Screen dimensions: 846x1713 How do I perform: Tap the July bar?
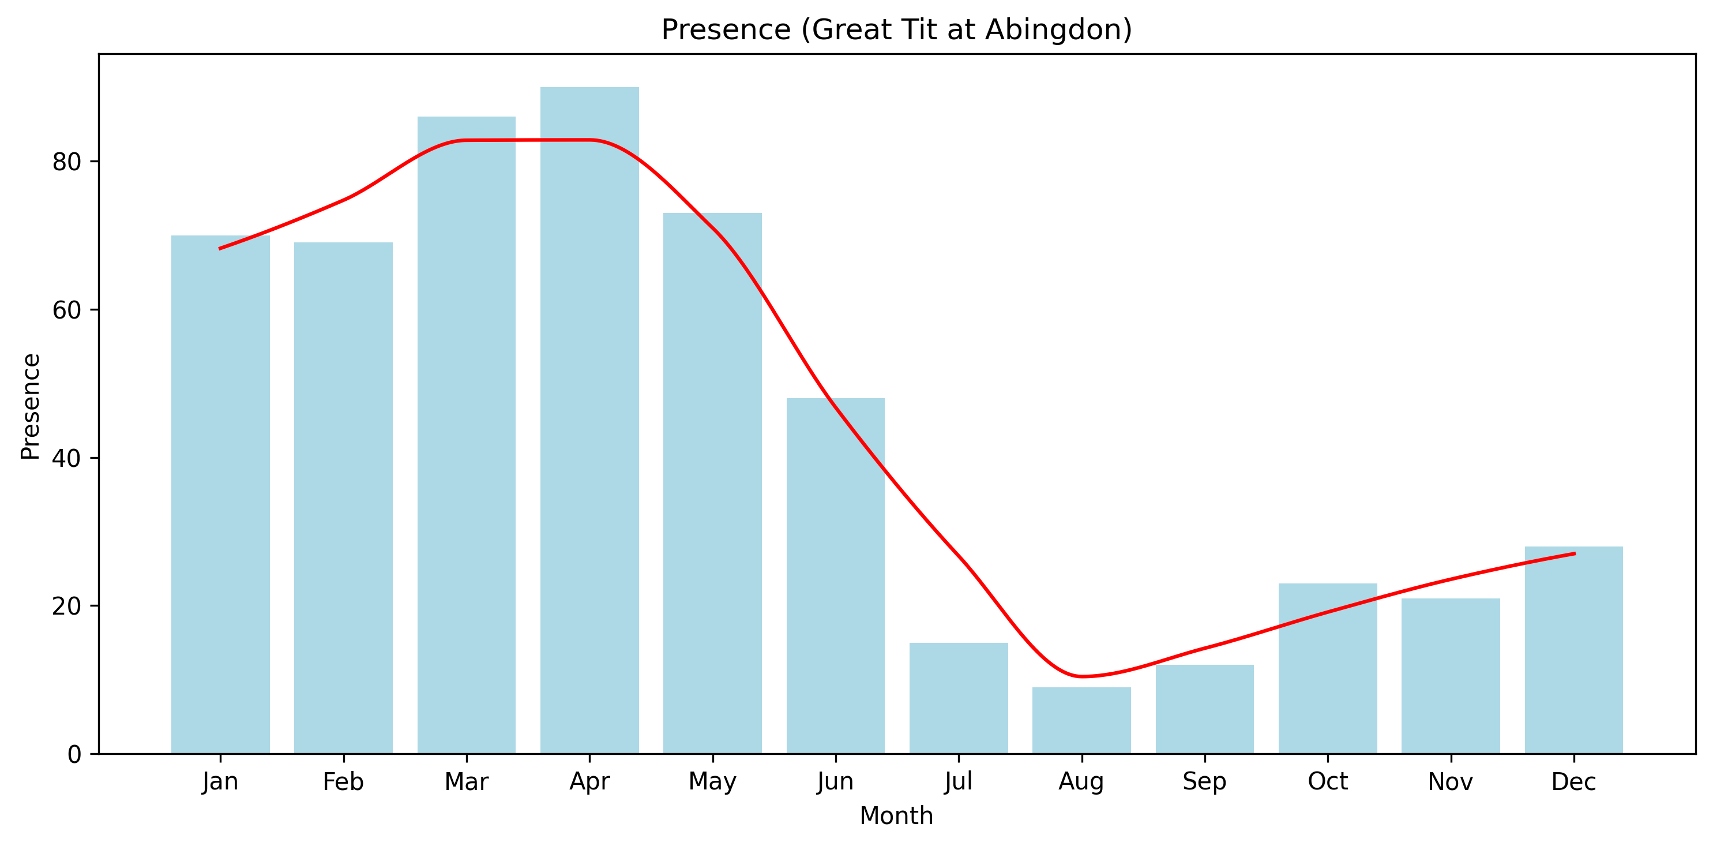(x=958, y=698)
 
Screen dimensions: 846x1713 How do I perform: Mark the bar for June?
(x=835, y=576)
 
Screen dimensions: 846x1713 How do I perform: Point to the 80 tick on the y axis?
(x=66, y=162)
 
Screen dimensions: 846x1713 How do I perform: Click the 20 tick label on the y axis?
(x=66, y=606)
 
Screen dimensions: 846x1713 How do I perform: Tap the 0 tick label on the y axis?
(x=74, y=754)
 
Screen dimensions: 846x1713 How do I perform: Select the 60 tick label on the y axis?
(x=66, y=310)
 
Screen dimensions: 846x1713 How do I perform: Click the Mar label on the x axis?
(x=466, y=782)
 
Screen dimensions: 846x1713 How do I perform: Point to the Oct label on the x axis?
(x=1327, y=782)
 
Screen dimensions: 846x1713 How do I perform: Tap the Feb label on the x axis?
(x=343, y=782)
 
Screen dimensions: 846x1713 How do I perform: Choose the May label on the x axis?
(x=712, y=782)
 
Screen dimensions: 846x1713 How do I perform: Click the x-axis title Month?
(x=896, y=816)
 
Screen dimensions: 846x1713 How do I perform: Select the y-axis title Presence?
(x=31, y=406)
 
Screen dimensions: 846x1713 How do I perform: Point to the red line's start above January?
(x=220, y=249)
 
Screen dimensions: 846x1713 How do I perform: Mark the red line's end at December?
(x=1573, y=553)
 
